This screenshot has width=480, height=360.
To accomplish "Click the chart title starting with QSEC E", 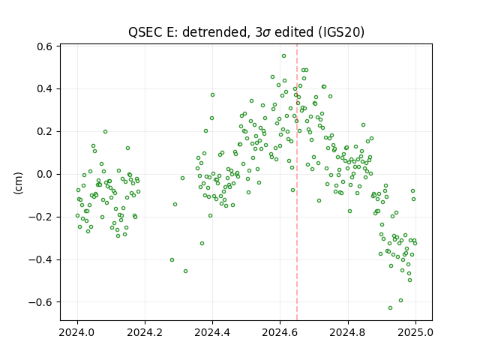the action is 246,32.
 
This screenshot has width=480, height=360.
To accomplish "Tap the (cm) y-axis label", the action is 18,183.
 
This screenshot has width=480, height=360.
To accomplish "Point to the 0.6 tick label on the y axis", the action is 45,46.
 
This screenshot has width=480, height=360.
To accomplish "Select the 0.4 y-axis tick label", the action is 45,89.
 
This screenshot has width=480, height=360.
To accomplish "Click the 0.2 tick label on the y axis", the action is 45,132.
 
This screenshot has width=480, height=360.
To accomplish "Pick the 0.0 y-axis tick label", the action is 45,175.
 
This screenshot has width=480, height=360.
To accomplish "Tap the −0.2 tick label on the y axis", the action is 41,217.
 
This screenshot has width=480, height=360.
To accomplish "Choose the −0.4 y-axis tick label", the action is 41,259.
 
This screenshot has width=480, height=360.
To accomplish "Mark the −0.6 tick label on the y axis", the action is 41,302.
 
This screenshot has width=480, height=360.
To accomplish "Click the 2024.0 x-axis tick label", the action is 77,332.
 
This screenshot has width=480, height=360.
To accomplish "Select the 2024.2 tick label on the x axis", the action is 145,332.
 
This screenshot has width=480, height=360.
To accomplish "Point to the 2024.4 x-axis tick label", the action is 212,332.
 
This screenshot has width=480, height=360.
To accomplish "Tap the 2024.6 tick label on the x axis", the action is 280,332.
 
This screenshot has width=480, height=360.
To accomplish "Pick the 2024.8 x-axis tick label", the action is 348,332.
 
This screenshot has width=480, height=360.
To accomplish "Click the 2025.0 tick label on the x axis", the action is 415,332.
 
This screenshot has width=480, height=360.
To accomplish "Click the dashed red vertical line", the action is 297,182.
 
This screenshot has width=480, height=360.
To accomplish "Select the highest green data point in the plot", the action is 283,56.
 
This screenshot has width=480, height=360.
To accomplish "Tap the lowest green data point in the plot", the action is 390,307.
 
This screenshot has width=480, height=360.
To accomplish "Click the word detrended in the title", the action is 214,32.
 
